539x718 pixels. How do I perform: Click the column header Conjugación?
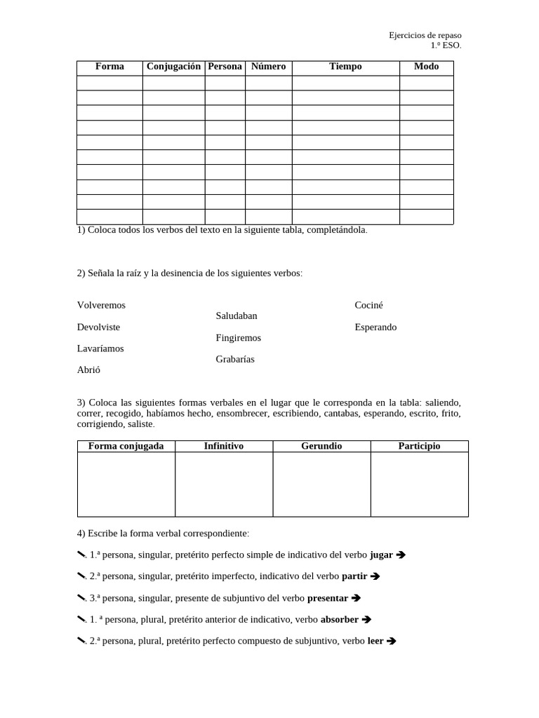pos(173,67)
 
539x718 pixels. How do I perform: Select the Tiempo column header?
pos(345,67)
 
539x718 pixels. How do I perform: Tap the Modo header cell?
pos(426,67)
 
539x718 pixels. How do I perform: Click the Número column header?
pos(268,67)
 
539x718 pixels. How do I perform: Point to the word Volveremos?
pos(102,306)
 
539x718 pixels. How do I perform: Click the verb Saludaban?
pos(237,316)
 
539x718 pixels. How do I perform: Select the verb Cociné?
pos(369,306)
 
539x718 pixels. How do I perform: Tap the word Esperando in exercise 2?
pos(375,327)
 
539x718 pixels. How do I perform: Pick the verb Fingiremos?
pos(239,338)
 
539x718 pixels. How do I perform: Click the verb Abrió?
pos(89,370)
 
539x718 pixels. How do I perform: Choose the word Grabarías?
pos(235,360)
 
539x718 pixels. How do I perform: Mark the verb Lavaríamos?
pos(100,348)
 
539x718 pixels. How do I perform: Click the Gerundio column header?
pos(321,446)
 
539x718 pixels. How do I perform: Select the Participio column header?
pos(419,446)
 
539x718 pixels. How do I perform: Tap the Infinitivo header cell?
pos(223,446)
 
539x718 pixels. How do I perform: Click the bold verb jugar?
pos(381,555)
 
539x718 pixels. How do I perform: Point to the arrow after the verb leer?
pos(392,641)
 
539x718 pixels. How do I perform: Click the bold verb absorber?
pos(340,620)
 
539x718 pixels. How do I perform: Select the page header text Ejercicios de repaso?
pos(425,35)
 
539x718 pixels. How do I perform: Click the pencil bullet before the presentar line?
pos(81,598)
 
